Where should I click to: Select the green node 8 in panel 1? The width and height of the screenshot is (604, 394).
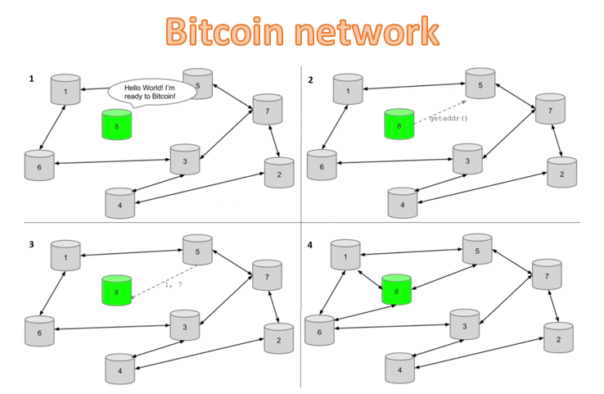point(116,125)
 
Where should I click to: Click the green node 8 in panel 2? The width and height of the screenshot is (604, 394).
point(399,125)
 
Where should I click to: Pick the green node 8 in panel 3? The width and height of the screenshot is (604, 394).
point(116,291)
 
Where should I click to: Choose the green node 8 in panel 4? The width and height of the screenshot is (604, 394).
point(396,290)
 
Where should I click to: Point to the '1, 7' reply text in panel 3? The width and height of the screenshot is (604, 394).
point(173,284)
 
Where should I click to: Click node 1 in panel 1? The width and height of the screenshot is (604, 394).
point(65,90)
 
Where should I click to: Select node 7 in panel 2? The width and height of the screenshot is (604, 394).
point(549,110)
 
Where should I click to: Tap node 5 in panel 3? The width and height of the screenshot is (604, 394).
point(197,250)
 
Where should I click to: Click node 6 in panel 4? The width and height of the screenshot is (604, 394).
point(319,330)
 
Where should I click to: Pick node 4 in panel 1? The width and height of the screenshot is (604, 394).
point(120,203)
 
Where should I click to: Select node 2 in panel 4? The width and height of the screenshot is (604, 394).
point(558,337)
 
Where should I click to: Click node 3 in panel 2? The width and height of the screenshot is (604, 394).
point(467,160)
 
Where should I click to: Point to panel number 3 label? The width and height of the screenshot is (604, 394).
point(32,245)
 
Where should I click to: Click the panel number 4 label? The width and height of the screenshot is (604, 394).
point(310,245)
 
